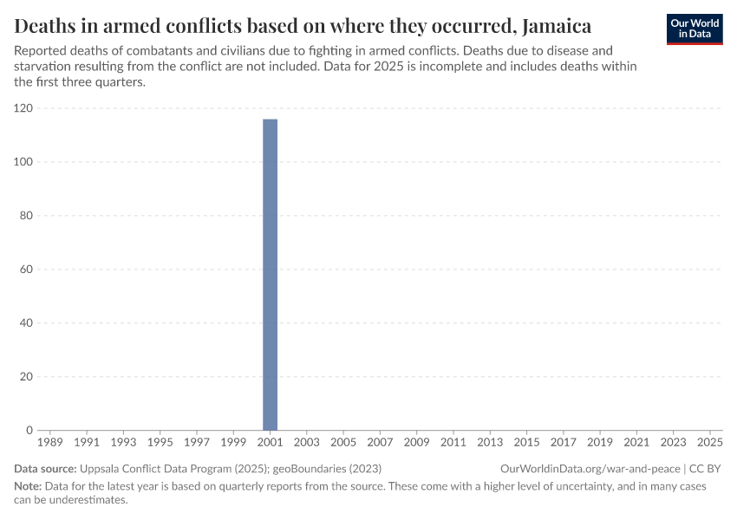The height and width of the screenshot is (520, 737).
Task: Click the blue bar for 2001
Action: [x=270, y=274]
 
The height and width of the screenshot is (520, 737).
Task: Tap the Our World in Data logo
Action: [x=695, y=29]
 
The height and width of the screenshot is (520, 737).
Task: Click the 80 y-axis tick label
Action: [x=26, y=216]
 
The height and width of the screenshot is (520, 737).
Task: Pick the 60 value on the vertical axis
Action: [x=26, y=270]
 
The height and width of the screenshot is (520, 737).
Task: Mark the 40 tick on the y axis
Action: [x=26, y=323]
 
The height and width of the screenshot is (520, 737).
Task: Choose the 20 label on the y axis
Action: [x=26, y=377]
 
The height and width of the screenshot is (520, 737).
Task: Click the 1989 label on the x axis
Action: [x=50, y=443]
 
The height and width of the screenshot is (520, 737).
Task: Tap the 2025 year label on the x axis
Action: [x=710, y=443]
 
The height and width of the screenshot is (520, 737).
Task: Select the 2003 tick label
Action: [x=307, y=443]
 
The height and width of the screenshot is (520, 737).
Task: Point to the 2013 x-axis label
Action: [x=490, y=443]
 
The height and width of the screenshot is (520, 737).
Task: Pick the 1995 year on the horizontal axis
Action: [x=160, y=443]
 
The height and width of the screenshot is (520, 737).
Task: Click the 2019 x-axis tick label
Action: [x=600, y=443]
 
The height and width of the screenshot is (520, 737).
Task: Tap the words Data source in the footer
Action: [x=44, y=468]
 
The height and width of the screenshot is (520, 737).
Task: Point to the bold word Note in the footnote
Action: [x=27, y=486]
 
